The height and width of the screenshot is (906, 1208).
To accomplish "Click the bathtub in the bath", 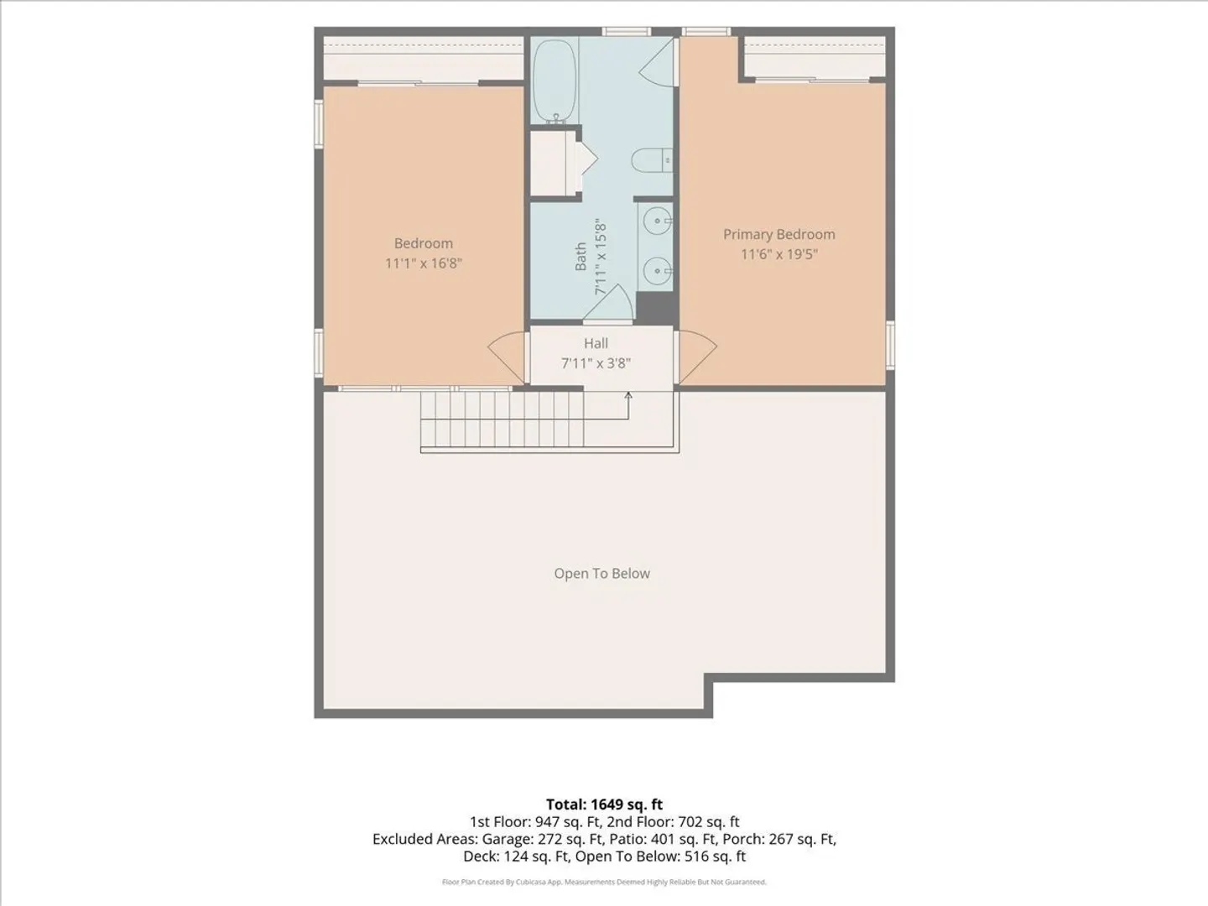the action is tap(555, 81).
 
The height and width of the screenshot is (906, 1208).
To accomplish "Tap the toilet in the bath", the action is tap(652, 160).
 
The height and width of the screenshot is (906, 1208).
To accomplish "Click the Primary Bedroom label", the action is tap(778, 234).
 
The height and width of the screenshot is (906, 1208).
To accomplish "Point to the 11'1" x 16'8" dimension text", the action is tap(423, 263).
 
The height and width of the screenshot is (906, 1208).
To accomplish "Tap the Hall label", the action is tap(596, 343).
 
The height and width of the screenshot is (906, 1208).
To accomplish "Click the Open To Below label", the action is tap(601, 573).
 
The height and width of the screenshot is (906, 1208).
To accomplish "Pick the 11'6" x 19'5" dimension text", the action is tap(778, 254).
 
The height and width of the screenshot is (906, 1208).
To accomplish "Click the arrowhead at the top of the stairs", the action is tap(628, 395).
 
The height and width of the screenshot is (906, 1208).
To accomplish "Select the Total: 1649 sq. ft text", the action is tap(604, 804).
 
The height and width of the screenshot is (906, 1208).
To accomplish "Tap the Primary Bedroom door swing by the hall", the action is tap(697, 357).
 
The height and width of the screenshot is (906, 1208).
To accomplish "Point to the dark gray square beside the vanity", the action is tap(655, 308).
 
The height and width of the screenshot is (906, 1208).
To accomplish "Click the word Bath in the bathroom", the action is tap(581, 257).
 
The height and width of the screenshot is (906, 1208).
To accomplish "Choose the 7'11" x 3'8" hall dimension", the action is tap(596, 363).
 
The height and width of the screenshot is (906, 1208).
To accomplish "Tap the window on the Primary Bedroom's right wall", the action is tap(890, 345).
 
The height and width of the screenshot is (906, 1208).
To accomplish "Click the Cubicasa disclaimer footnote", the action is tap(604, 882).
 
